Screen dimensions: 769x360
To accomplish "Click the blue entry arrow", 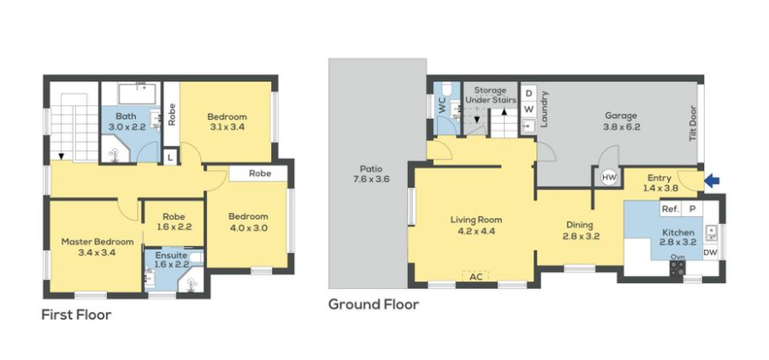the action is click(x=712, y=180).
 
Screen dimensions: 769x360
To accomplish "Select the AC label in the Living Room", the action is click(x=476, y=276).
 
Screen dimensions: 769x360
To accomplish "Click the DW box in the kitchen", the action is click(x=710, y=252).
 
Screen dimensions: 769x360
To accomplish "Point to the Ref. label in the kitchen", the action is click(x=671, y=209).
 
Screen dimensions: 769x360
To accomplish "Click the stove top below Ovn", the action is click(x=677, y=268).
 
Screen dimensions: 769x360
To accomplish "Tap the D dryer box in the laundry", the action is click(x=529, y=93).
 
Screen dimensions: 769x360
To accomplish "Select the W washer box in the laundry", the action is click(x=529, y=108).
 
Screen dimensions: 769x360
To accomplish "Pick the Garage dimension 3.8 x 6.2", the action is click(x=621, y=127).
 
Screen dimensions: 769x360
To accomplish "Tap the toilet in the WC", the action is click(x=447, y=90).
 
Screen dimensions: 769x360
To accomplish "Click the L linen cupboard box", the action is click(x=169, y=157).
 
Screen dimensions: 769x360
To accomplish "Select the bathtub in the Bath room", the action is click(x=137, y=94).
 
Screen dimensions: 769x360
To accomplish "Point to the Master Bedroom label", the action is click(x=98, y=242).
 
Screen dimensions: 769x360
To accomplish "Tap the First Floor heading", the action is click(x=76, y=315).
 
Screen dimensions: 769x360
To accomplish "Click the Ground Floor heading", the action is click(x=373, y=304).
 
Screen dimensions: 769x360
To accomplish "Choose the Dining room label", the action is click(x=580, y=225).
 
